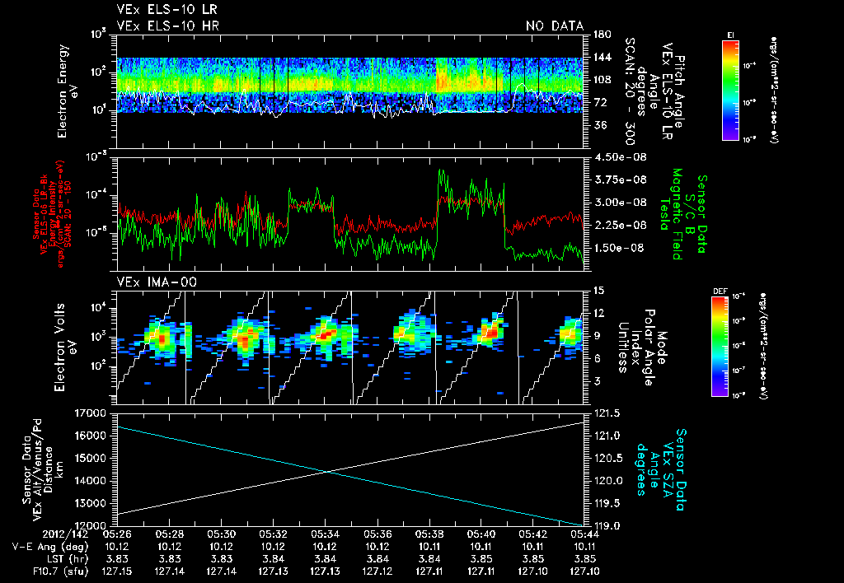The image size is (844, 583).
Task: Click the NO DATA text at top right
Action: (x=555, y=26)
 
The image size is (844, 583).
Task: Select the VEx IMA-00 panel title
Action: (x=148, y=282)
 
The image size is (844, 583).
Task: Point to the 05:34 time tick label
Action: (x=325, y=534)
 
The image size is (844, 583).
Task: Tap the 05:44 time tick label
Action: (x=584, y=534)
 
